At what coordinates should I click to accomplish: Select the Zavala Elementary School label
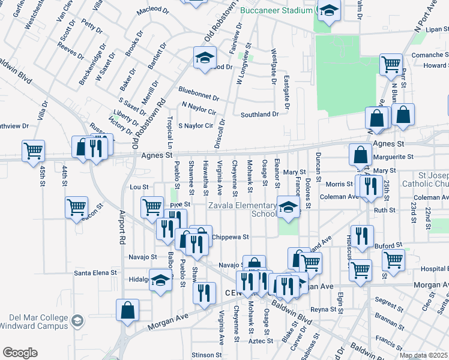point(242,209)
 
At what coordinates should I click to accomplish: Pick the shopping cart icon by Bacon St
point(77,207)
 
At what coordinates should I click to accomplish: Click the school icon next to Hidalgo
point(161,281)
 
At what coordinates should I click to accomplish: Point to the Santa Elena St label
point(95,272)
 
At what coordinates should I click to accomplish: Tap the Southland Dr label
point(259,114)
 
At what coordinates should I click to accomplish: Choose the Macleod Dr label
point(153,10)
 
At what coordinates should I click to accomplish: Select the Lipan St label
point(432,28)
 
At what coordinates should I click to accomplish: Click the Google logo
point(20,353)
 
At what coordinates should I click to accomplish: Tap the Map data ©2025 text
point(423,355)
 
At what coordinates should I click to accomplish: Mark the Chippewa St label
point(230,237)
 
